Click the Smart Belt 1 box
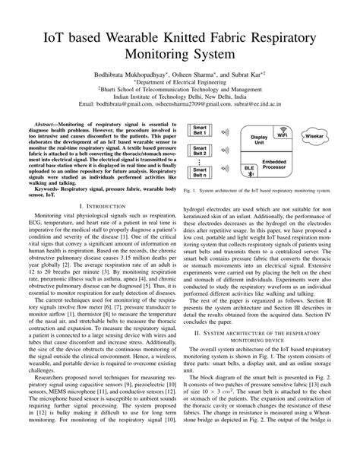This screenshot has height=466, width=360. tap(200, 130)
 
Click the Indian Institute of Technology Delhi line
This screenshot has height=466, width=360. tap(179, 97)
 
